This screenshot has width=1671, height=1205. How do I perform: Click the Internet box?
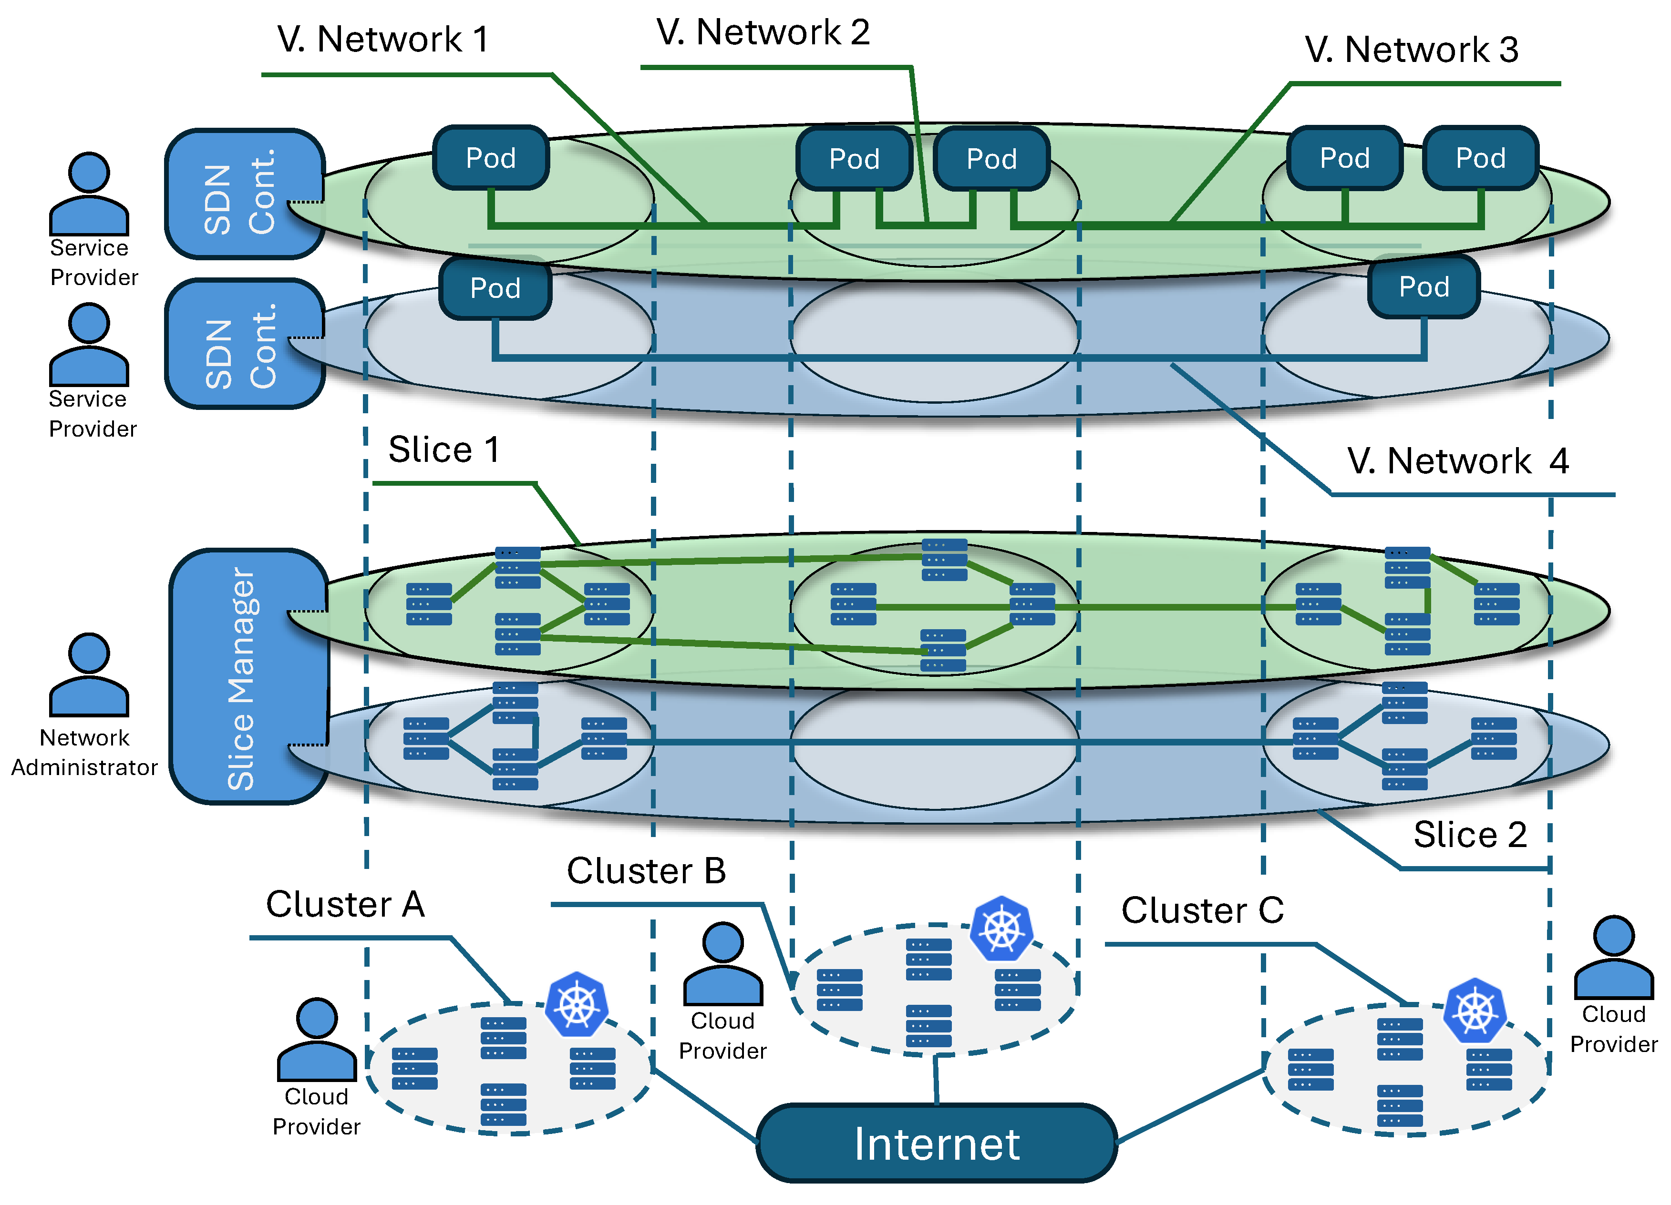(x=936, y=1143)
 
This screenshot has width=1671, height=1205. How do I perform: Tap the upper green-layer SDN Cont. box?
(x=243, y=194)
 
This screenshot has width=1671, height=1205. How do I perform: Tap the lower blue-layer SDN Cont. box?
(x=243, y=344)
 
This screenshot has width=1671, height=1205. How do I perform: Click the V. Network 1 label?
(x=383, y=39)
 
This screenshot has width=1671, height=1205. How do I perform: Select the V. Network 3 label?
(x=1411, y=50)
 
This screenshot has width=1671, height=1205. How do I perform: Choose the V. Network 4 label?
(x=1457, y=461)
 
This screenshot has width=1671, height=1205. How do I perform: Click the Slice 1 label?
(x=444, y=449)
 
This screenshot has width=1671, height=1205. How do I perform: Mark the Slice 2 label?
(x=1470, y=835)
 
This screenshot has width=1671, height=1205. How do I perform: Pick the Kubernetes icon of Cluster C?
(x=1475, y=1011)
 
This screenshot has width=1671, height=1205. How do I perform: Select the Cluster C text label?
(x=1202, y=910)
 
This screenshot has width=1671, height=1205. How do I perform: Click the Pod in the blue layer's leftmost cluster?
(x=495, y=288)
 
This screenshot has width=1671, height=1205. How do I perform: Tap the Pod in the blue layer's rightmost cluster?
(x=1423, y=286)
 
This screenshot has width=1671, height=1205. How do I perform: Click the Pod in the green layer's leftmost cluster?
(x=491, y=158)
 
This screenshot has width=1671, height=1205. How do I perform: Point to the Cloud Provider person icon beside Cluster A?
(x=317, y=1040)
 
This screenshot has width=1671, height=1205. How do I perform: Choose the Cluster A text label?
(x=345, y=905)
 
